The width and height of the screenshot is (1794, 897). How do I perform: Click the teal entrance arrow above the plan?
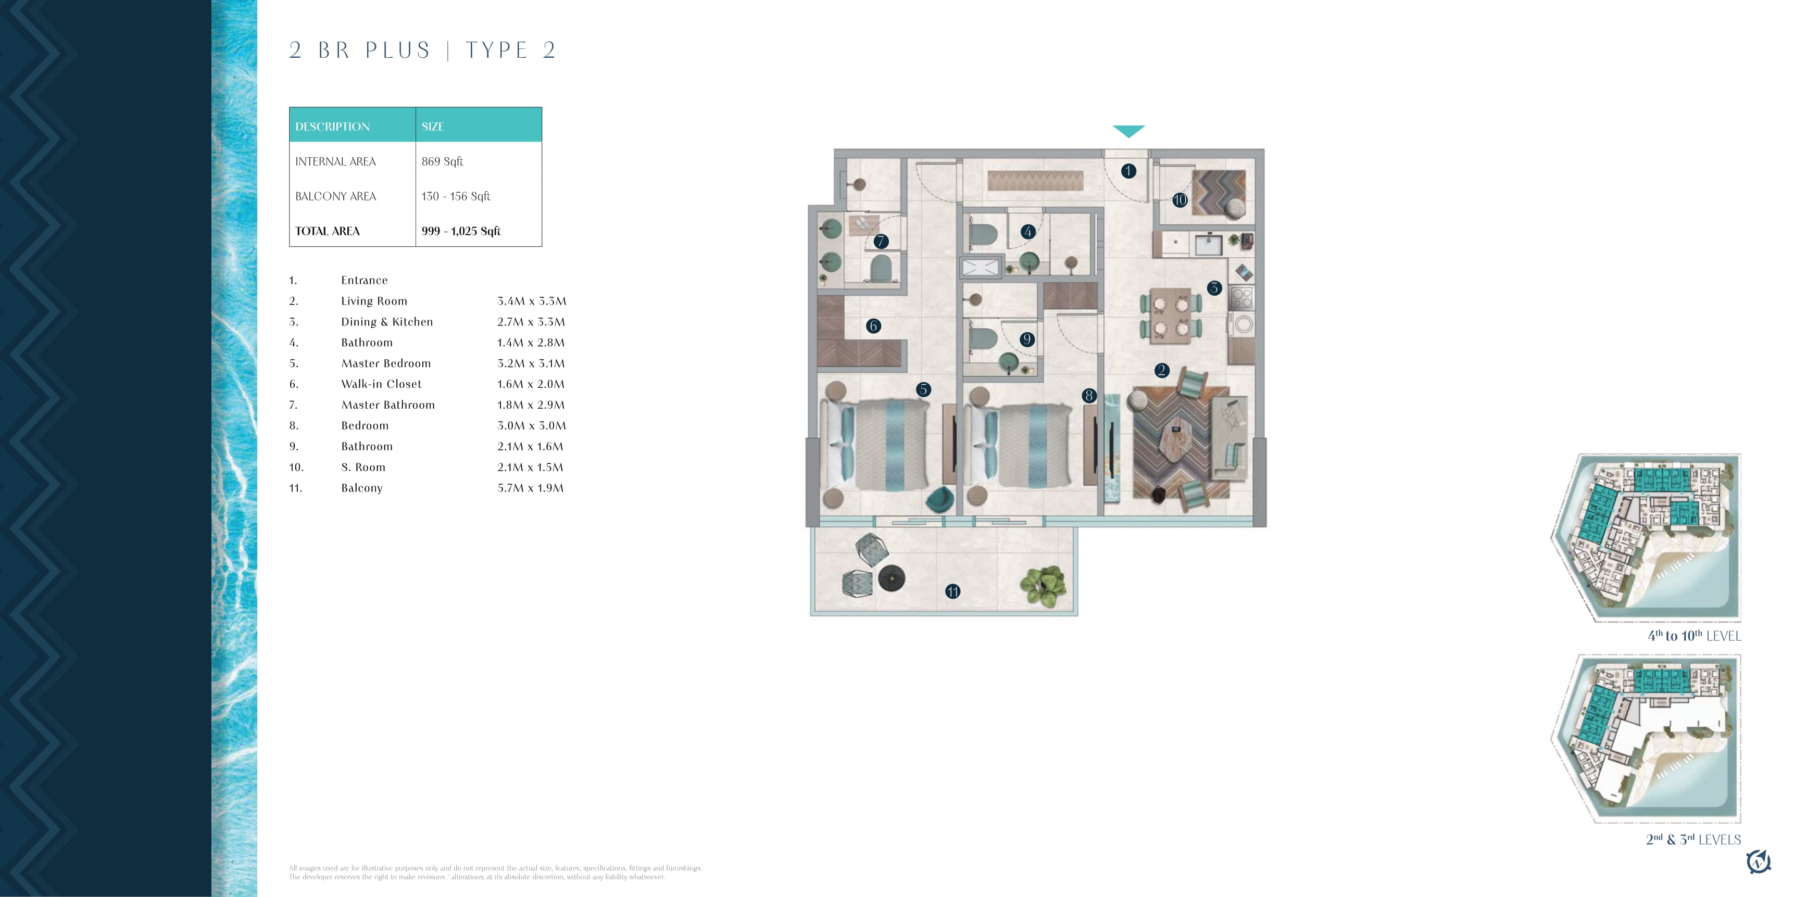click(x=1128, y=131)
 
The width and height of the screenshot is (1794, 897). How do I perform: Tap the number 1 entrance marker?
click(x=1128, y=171)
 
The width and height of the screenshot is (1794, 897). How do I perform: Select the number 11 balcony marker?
click(x=952, y=591)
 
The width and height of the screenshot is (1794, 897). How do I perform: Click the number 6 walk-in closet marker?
click(x=873, y=326)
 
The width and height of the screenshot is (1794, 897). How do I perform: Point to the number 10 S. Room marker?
click(x=1180, y=200)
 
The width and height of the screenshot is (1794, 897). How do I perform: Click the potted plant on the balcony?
click(x=1043, y=586)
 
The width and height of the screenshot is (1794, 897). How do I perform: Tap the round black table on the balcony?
click(x=892, y=578)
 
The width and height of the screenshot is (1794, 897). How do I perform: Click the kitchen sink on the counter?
click(x=1208, y=245)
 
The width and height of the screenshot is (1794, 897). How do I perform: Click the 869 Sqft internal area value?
click(x=442, y=161)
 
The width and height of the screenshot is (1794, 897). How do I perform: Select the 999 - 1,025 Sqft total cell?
click(x=461, y=231)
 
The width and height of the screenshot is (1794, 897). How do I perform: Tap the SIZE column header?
click(x=432, y=127)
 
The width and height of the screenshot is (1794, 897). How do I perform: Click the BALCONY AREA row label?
click(x=336, y=196)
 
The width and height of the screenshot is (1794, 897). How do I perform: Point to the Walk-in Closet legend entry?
click(x=382, y=384)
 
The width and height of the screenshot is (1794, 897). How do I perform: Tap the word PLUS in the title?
click(x=398, y=50)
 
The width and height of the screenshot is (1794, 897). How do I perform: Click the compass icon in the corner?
click(x=1759, y=862)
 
